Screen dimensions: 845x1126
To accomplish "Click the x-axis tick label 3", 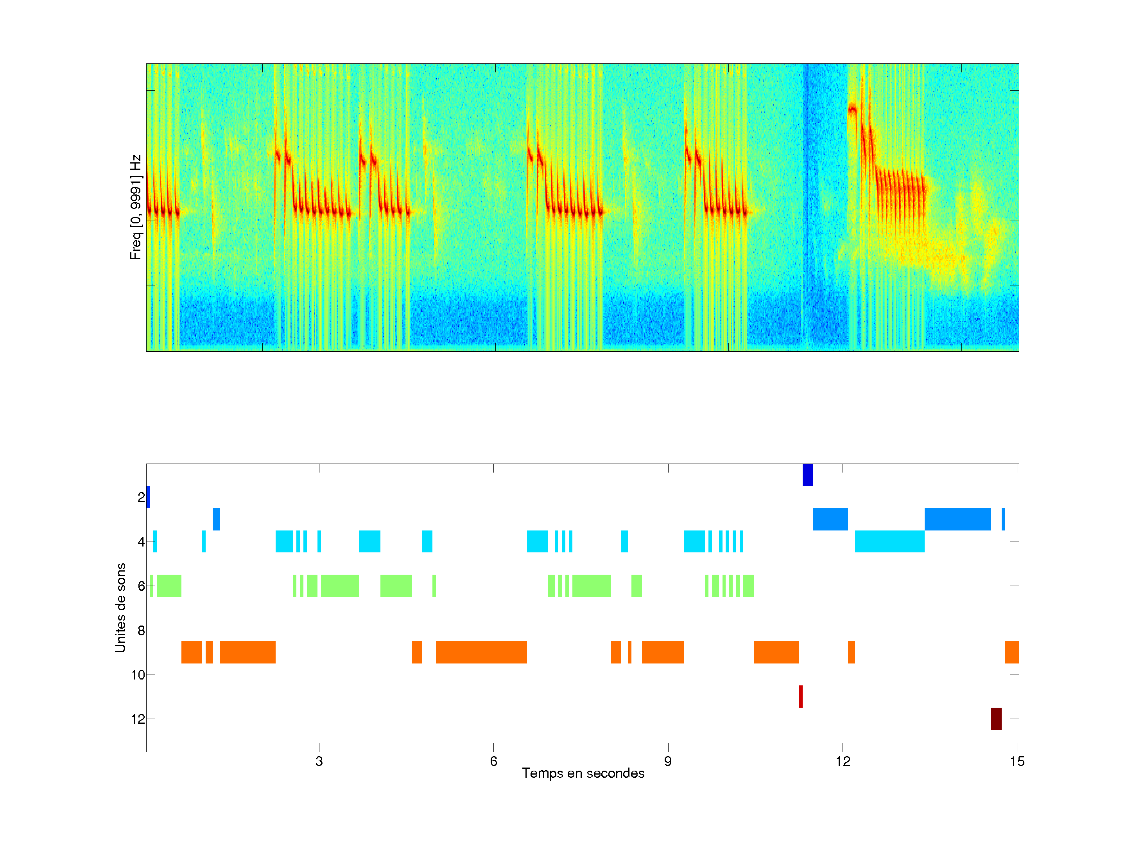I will point(319,761).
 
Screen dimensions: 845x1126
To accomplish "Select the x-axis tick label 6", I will point(493,761).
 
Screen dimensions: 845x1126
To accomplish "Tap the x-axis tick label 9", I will point(668,761).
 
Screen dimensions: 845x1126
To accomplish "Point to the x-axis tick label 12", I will point(843,761).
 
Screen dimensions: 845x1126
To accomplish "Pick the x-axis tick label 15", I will point(1017,761).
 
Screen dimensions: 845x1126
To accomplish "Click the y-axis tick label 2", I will point(141,497).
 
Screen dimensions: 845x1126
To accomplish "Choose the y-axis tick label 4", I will point(141,541).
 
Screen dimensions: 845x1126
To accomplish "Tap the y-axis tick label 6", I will point(141,586).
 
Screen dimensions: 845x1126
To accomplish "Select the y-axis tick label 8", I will point(141,630).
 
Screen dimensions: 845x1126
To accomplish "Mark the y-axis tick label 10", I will point(138,675).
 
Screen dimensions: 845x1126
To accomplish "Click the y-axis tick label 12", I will point(138,719).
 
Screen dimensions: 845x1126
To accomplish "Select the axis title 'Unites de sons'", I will point(120,608).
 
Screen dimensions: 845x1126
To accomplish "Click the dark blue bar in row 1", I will point(807,475).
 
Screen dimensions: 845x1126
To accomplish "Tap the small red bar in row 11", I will point(801,696).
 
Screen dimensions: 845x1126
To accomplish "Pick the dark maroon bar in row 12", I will point(996,719).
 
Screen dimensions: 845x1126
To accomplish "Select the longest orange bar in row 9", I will point(481,652).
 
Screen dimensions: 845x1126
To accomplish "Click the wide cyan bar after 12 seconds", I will point(889,541).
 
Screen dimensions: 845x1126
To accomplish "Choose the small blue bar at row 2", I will point(148,497).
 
